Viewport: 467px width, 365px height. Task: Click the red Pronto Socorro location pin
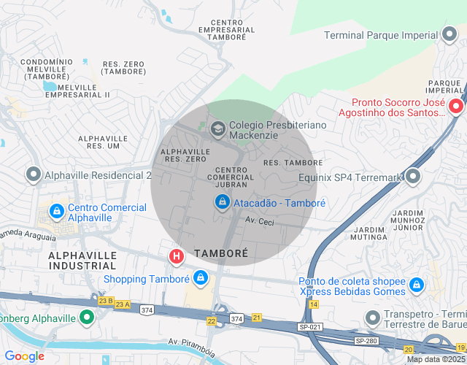[x=456, y=107]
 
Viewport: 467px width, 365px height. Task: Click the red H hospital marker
[x=176, y=256]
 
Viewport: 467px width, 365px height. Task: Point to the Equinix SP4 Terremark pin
[x=414, y=176]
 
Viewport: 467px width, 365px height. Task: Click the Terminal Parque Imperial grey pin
[x=450, y=35]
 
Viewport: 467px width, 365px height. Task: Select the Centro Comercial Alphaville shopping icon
[x=55, y=211]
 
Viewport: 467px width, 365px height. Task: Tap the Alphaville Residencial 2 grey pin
[x=33, y=175]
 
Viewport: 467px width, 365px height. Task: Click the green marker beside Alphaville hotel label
[x=87, y=318]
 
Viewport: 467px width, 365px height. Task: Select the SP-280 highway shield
[x=366, y=341]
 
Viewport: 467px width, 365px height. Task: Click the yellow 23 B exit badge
[x=105, y=300]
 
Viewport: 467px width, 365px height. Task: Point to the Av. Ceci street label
[x=259, y=220]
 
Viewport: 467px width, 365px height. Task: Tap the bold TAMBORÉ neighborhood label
[x=221, y=253]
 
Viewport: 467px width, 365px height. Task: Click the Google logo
[x=24, y=356]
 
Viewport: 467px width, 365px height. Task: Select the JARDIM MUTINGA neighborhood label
[x=368, y=231]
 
